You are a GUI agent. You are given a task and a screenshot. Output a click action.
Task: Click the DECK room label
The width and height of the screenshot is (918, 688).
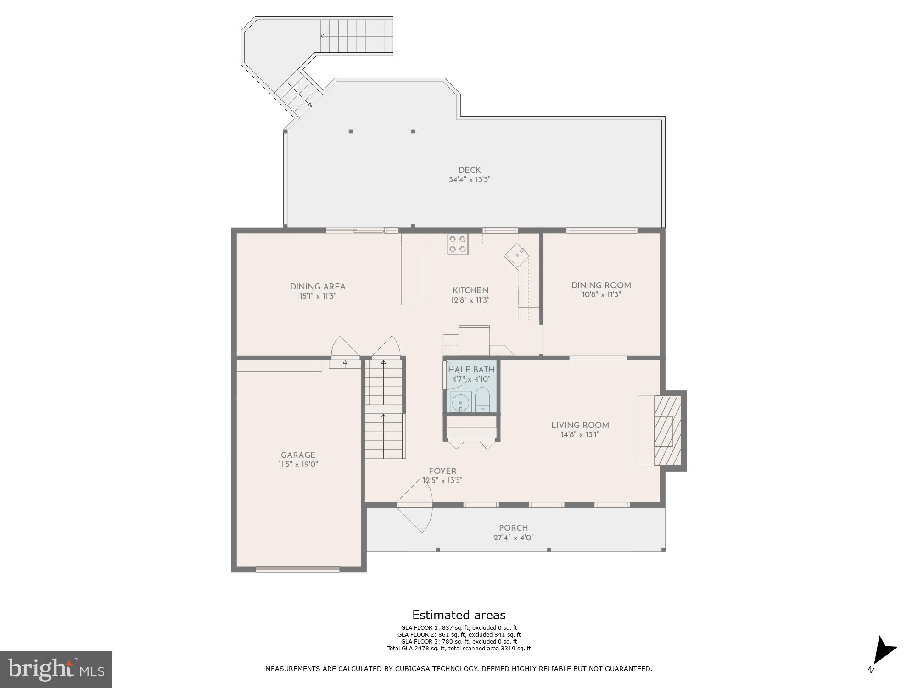click(x=470, y=170)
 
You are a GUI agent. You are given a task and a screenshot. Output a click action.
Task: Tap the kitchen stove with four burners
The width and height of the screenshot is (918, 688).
click(x=458, y=244)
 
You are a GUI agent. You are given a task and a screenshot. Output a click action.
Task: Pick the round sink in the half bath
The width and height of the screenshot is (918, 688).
click(x=460, y=403)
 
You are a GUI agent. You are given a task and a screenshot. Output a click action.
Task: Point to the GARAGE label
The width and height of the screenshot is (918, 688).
click(x=298, y=455)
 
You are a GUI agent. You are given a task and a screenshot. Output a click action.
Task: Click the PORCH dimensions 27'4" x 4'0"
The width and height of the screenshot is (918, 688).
click(x=513, y=538)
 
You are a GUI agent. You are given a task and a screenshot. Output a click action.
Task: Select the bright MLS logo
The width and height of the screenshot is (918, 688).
click(x=56, y=669)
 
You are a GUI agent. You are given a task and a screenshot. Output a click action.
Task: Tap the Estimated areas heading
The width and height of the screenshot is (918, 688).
click(x=459, y=615)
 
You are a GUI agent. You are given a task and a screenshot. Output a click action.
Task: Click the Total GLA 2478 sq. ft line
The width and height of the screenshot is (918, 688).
click(x=459, y=649)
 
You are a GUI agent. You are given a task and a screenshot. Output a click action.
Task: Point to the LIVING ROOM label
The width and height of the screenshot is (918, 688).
click(x=580, y=425)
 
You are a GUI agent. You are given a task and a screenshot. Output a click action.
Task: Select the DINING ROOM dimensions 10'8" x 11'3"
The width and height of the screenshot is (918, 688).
click(x=601, y=295)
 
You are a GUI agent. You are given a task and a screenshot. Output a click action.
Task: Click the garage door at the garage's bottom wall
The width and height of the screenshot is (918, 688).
click(x=297, y=570)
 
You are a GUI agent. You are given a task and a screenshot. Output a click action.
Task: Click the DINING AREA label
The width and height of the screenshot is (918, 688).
click(x=318, y=287)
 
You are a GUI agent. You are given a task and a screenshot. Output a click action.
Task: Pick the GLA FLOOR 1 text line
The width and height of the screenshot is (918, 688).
click(x=459, y=628)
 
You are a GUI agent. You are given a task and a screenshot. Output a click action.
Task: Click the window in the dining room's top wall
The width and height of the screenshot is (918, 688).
click(x=601, y=231)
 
